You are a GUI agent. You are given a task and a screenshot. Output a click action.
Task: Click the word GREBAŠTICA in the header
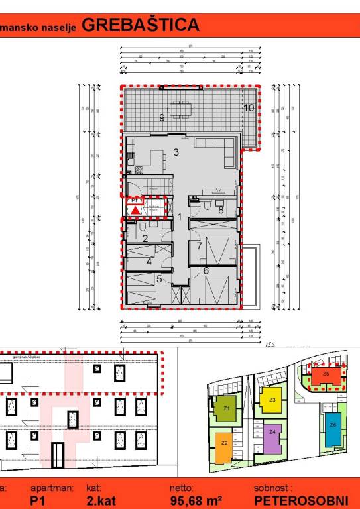pyautogui.click(x=141, y=25)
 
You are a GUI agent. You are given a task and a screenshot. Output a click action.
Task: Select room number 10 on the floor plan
pyautogui.click(x=249, y=107)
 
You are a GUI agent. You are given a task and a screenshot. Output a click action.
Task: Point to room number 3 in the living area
pyautogui.click(x=176, y=152)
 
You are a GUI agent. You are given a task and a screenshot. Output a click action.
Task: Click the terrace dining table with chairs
pyautogui.click(x=179, y=109)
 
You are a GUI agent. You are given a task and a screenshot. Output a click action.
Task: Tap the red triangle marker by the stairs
pyautogui.click(x=135, y=210)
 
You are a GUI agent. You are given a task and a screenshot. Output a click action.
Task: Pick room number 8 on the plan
pyautogui.click(x=221, y=210)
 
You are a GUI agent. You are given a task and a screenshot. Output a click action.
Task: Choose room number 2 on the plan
pyautogui.click(x=145, y=237)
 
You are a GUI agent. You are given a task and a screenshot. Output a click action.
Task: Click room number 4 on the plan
pyautogui.click(x=149, y=262)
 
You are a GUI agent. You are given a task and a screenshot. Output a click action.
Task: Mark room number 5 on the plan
pyautogui.click(x=159, y=279)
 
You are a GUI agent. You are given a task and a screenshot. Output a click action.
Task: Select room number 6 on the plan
pyautogui.click(x=206, y=270)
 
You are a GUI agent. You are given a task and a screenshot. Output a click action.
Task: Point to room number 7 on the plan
pyautogui.click(x=199, y=246)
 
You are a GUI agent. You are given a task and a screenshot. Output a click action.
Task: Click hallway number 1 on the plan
pyautogui.click(x=179, y=217)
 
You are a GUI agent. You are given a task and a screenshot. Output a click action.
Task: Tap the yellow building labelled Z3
pyautogui.click(x=272, y=400)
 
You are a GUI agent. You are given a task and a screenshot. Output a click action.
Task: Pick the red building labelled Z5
pyautogui.click(x=326, y=375)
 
